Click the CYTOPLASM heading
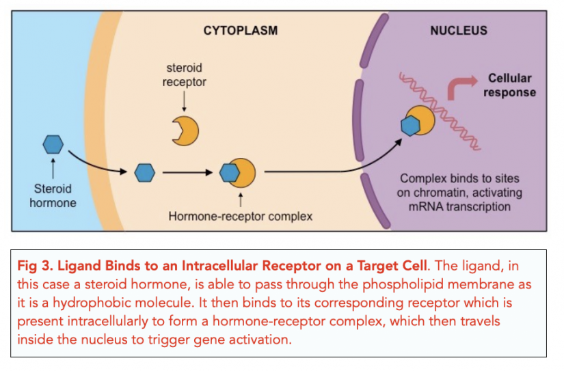pyautogui.click(x=241, y=31)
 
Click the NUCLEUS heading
pyautogui.click(x=459, y=31)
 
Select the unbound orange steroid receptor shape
pyautogui.click(x=185, y=130)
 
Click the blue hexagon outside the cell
pyautogui.click(x=53, y=144)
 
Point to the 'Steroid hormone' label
pyautogui.click(x=53, y=195)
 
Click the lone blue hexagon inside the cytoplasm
pyautogui.click(x=144, y=174)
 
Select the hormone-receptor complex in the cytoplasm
pyautogui.click(x=238, y=174)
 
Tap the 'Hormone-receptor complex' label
pyautogui.click(x=240, y=217)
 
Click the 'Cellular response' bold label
pyautogui.click(x=509, y=85)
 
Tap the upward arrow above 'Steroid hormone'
pyautogui.click(x=53, y=167)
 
